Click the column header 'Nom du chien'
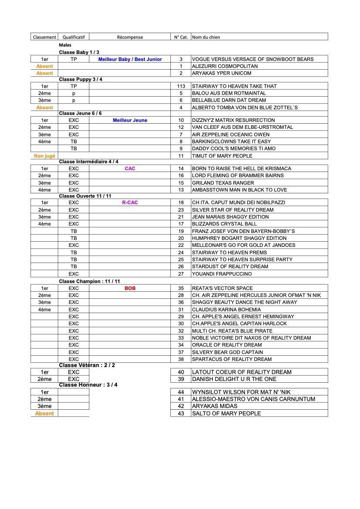[206, 37]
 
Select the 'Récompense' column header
[130, 37]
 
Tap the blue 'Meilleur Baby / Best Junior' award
[130, 59]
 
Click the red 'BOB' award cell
[130, 288]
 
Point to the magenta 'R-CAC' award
[130, 202]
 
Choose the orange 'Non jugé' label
[44, 156]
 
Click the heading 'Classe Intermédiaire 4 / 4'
[88, 162]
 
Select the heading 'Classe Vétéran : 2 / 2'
[87, 365]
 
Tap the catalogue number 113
[181, 86]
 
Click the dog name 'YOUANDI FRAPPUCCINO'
[221, 274]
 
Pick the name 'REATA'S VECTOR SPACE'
[222, 288]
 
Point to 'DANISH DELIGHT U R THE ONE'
[234, 379]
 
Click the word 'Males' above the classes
[65, 45]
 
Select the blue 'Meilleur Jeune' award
[130, 120]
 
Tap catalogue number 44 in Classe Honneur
[181, 392]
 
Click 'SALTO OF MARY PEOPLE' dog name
[226, 414]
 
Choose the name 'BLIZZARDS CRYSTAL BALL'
[224, 224]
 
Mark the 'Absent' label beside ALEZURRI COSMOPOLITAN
[44, 66]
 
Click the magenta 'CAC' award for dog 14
[130, 169]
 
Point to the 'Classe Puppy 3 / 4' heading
[81, 79]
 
